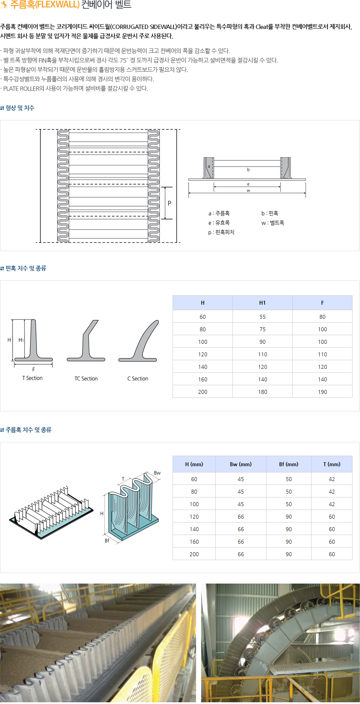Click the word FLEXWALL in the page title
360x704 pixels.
tap(57, 5)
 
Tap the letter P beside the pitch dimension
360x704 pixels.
tap(169, 203)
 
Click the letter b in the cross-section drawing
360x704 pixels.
tap(248, 170)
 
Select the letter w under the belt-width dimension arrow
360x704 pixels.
tap(248, 190)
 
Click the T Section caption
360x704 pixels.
tap(32, 378)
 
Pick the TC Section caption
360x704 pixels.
tap(86, 379)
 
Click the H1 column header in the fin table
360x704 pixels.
tap(262, 303)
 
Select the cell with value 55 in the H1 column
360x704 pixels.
tap(262, 317)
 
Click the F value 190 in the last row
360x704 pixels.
tap(322, 392)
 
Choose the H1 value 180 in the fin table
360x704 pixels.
tap(262, 392)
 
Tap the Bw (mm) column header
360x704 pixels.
tap(241, 464)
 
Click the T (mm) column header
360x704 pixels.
tap(331, 464)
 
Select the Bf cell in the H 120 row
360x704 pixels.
tap(288, 517)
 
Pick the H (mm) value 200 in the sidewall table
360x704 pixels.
tap(194, 554)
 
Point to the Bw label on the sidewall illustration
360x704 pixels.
tap(157, 473)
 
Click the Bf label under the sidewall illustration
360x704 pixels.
tap(107, 541)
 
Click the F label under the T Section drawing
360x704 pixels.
tap(34, 370)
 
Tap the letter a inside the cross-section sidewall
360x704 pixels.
tap(209, 166)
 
